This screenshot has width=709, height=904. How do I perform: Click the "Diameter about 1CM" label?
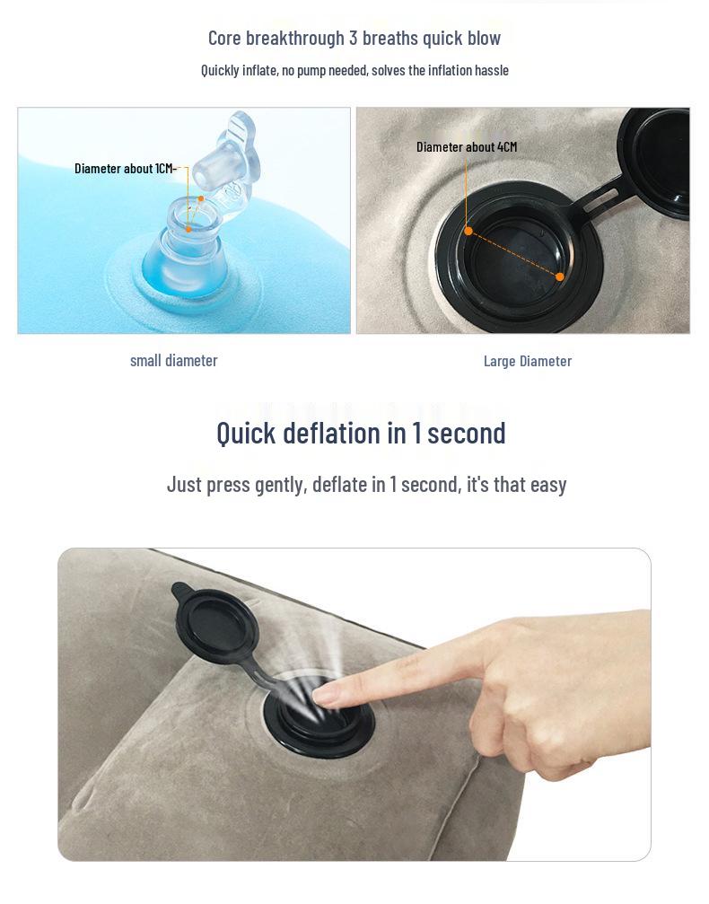tap(124, 169)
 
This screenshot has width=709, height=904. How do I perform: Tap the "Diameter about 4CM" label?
tap(467, 147)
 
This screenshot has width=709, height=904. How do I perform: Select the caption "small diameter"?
tap(173, 361)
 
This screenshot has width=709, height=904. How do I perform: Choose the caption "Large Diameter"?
tap(528, 362)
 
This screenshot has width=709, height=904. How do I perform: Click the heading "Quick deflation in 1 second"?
tap(361, 433)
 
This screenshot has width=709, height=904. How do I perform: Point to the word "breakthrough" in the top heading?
tap(295, 38)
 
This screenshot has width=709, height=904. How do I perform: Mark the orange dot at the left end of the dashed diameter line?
tap(468, 232)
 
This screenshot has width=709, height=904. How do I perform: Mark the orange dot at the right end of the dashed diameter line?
tap(559, 276)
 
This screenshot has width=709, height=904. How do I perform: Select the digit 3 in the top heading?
tap(354, 38)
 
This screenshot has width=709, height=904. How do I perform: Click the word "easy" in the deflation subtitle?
tap(548, 485)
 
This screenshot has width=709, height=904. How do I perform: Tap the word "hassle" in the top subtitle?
tap(492, 71)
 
